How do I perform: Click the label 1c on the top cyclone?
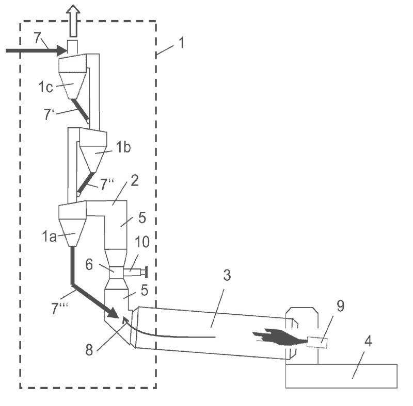coord(45,87)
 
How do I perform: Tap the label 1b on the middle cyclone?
coord(123,147)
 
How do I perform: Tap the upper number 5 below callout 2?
coord(142,217)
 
